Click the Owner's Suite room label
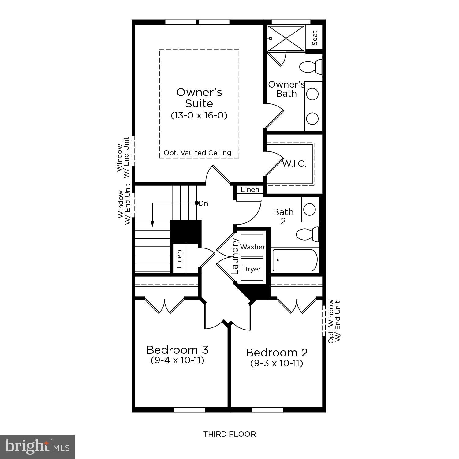(x=199, y=98)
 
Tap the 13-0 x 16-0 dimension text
(x=199, y=115)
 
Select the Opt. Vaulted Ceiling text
(x=197, y=153)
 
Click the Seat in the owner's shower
(x=315, y=38)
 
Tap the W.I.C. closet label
(x=294, y=164)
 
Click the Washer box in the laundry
(x=252, y=247)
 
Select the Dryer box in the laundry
(x=252, y=269)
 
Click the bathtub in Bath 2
(x=295, y=260)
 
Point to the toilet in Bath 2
(x=308, y=235)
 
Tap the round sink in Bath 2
(x=310, y=210)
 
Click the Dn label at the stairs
(x=203, y=203)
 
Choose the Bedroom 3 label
(x=177, y=349)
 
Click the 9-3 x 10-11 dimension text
(x=277, y=363)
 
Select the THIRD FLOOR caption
(x=229, y=434)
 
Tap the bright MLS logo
(x=37, y=447)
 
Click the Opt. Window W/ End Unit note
(x=334, y=321)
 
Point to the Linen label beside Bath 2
(x=250, y=189)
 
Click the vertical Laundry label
(x=235, y=256)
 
